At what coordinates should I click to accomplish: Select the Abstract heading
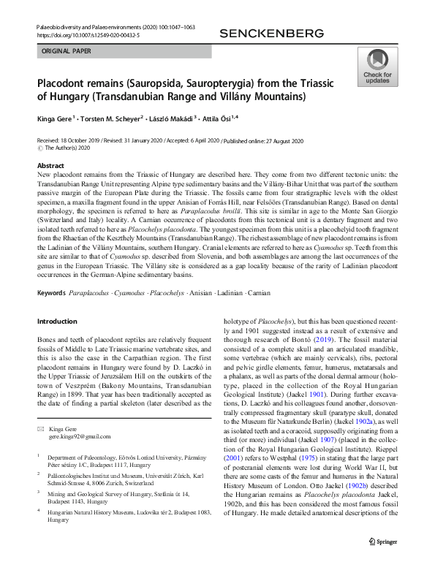coord(50,166)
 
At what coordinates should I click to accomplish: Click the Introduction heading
coord(57,322)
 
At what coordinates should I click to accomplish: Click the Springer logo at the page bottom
coord(382,560)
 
